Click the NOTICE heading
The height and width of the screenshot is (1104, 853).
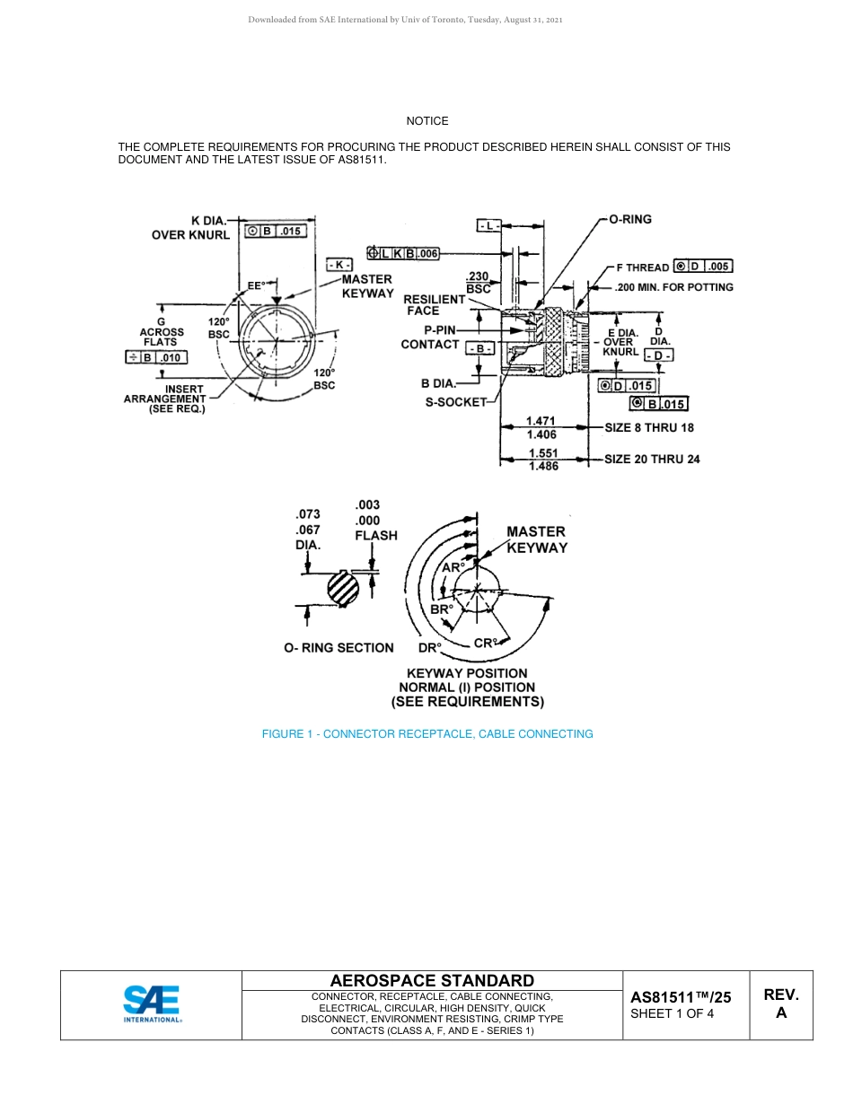pyautogui.click(x=426, y=121)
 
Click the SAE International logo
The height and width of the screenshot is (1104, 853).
pyautogui.click(x=152, y=1004)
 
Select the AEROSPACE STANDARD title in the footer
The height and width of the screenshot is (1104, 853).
pyautogui.click(x=432, y=981)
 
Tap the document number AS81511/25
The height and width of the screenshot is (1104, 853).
pyautogui.click(x=680, y=996)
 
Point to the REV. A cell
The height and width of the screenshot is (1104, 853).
pyautogui.click(x=780, y=1003)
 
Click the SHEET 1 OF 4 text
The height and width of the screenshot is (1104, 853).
pyautogui.click(x=673, y=1014)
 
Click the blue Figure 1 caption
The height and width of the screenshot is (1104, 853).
pyautogui.click(x=426, y=734)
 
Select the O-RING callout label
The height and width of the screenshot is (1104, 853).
pyautogui.click(x=630, y=219)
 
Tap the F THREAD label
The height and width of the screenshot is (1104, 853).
pyautogui.click(x=642, y=267)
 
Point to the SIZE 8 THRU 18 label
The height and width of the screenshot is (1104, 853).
pyautogui.click(x=648, y=427)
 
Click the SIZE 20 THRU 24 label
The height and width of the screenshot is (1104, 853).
pyautogui.click(x=652, y=459)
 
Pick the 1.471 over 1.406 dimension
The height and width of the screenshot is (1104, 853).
pyautogui.click(x=541, y=427)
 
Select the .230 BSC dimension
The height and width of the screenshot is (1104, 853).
pyautogui.click(x=479, y=283)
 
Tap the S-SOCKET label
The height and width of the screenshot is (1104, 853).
pyautogui.click(x=455, y=402)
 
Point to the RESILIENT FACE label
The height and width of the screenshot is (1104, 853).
pyautogui.click(x=434, y=304)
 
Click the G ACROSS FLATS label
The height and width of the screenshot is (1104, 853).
pyautogui.click(x=162, y=331)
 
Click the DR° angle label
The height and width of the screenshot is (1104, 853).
pyautogui.click(x=429, y=647)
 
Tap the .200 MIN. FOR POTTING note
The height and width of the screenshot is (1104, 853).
pyautogui.click(x=673, y=287)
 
